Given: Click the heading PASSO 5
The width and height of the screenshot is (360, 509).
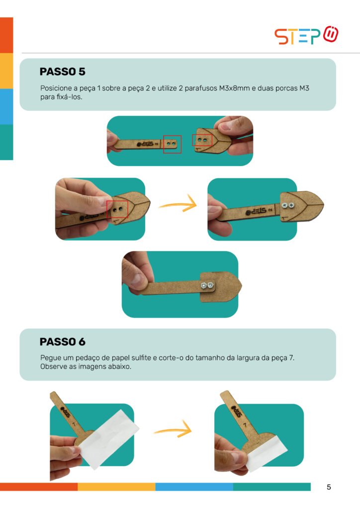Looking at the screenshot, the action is pyautogui.click(x=62, y=72).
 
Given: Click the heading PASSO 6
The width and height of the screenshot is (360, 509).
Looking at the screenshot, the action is pyautogui.click(x=62, y=341).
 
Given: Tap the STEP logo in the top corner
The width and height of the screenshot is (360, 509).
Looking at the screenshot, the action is pyautogui.click(x=306, y=35).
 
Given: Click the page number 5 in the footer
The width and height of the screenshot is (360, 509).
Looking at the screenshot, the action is pyautogui.click(x=329, y=487).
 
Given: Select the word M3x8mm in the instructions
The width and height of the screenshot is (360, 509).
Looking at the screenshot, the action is pyautogui.click(x=234, y=88).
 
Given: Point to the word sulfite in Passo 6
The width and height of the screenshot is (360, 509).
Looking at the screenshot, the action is pyautogui.click(x=141, y=358).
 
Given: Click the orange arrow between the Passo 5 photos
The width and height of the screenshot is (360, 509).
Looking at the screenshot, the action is pyautogui.click(x=178, y=203).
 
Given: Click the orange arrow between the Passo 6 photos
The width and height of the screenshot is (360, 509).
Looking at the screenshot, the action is pyautogui.click(x=173, y=429).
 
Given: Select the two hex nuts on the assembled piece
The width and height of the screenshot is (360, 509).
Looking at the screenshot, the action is pyautogui.click(x=207, y=285).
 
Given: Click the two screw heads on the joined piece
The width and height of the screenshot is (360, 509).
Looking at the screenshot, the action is pyautogui.click(x=288, y=205).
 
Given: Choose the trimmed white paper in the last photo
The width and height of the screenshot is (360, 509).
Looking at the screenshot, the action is pyautogui.click(x=266, y=451).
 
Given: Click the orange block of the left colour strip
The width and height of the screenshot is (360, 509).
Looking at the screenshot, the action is pyautogui.click(x=6, y=35).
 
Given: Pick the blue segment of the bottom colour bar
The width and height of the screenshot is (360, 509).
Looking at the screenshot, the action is pyautogui.click(x=194, y=487).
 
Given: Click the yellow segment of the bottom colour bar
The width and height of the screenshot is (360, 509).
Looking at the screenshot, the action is pyautogui.click(x=116, y=487).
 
